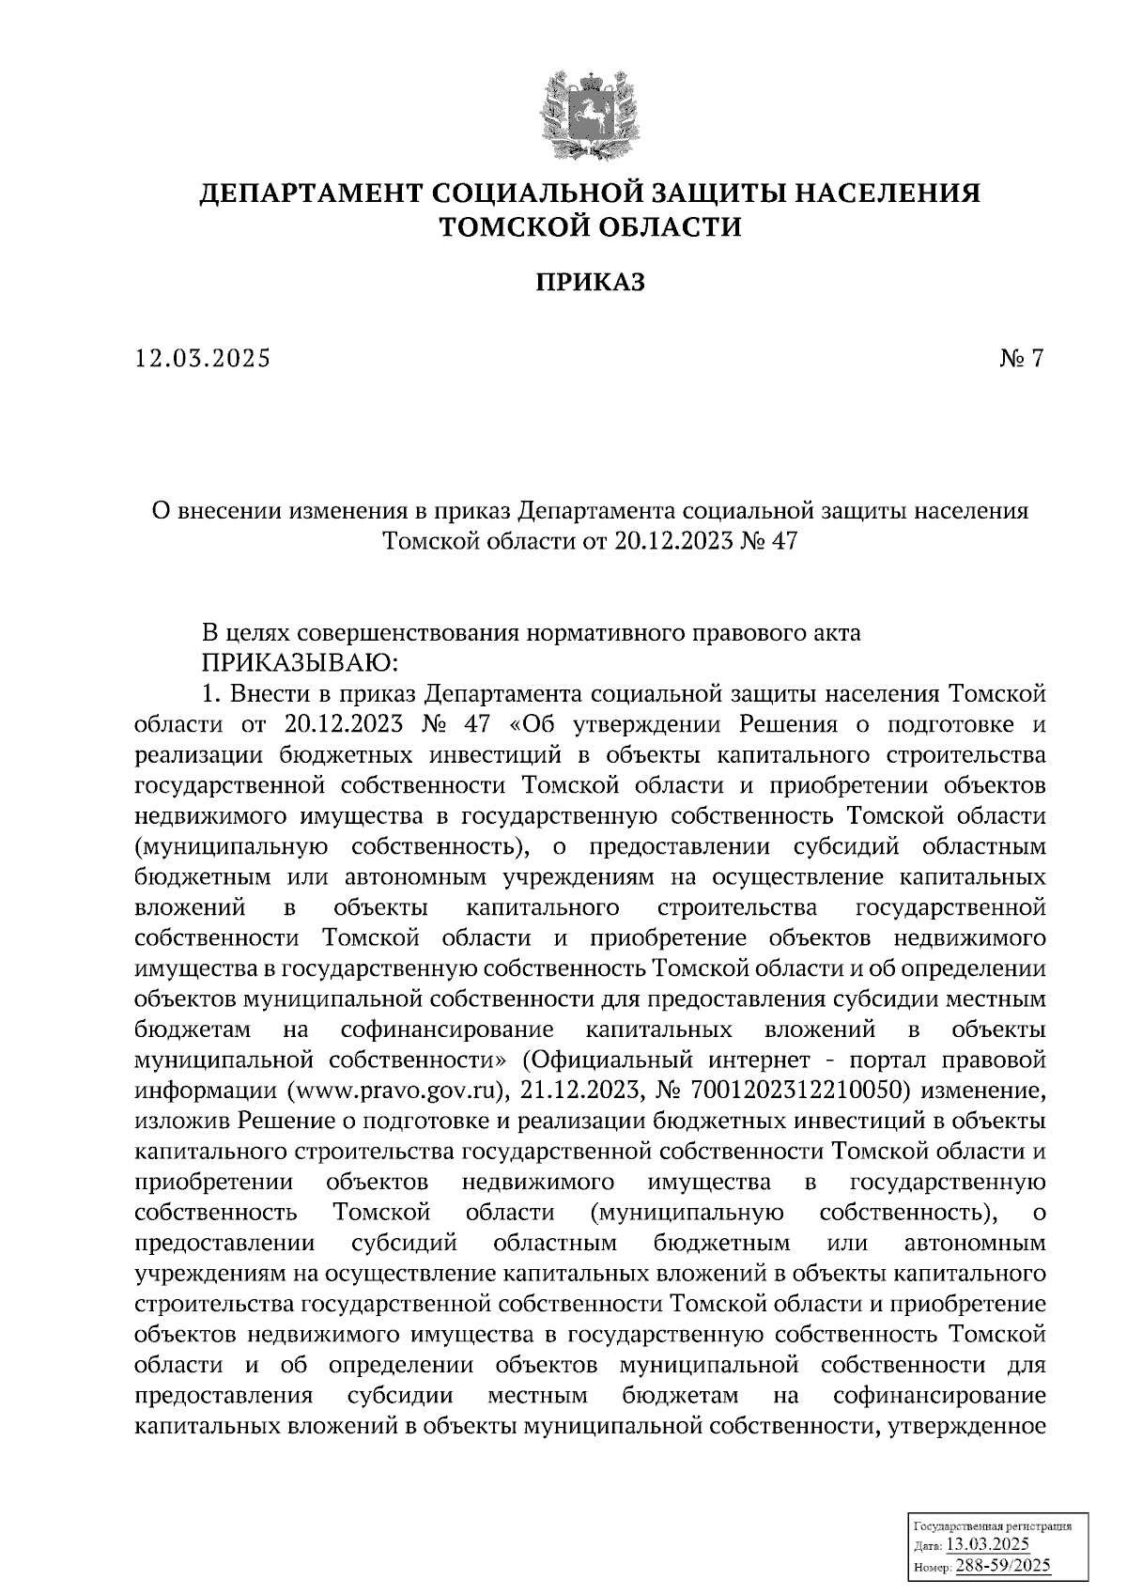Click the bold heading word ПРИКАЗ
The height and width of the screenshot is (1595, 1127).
pyautogui.click(x=591, y=281)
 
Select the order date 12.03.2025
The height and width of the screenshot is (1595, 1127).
pyautogui.click(x=202, y=358)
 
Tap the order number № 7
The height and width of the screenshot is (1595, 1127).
pyautogui.click(x=1021, y=358)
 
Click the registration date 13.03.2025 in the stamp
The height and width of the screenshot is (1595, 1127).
pyautogui.click(x=987, y=1546)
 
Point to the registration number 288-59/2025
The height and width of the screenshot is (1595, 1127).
pyautogui.click(x=1002, y=1566)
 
